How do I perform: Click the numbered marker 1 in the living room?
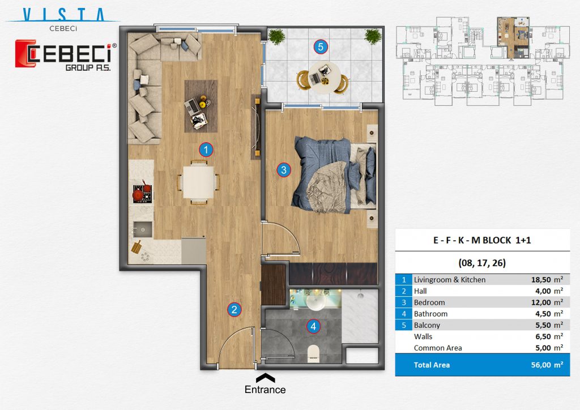pos(206,150)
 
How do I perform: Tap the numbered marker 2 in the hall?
pos(234,309)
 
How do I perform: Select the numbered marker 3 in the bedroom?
pos(284,170)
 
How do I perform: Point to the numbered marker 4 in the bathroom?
pos(313,326)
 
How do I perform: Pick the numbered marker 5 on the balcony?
pos(321,47)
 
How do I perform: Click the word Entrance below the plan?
pos(265,390)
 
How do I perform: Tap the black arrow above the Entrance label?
pos(265,378)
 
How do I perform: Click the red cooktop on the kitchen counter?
pos(142,192)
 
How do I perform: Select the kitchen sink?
pos(142,229)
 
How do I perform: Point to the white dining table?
pos(199,182)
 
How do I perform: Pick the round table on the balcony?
pos(323,78)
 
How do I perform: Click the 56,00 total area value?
pos(541,365)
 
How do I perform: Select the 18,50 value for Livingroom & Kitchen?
pos(541,280)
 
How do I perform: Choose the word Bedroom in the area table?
pos(429,302)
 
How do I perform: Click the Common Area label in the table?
pos(438,348)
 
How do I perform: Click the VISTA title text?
pos(63,15)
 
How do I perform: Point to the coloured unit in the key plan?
pos(513,38)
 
